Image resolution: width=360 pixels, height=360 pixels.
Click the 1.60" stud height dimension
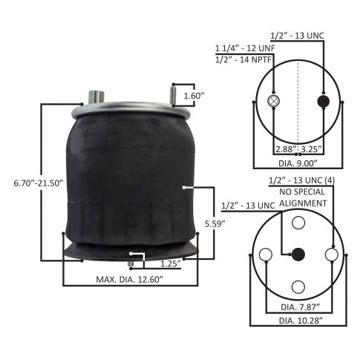pyautogui.click(x=193, y=96)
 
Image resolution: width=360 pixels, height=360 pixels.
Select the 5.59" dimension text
pyautogui.click(x=215, y=223)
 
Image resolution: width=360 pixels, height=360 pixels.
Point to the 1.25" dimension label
pyautogui.click(x=171, y=264)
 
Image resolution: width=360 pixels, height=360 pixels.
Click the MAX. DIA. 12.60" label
pyautogui.click(x=130, y=280)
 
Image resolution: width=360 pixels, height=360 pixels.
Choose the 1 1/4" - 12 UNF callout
pyautogui.click(x=245, y=48)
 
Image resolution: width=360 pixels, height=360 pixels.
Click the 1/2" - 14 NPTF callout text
pyautogui.click(x=243, y=60)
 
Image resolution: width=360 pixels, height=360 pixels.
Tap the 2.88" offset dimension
pyautogui.click(x=287, y=149)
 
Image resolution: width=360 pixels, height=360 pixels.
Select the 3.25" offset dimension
pyautogui.click(x=312, y=149)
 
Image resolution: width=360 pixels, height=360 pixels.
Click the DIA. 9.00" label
pyautogui.click(x=298, y=163)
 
